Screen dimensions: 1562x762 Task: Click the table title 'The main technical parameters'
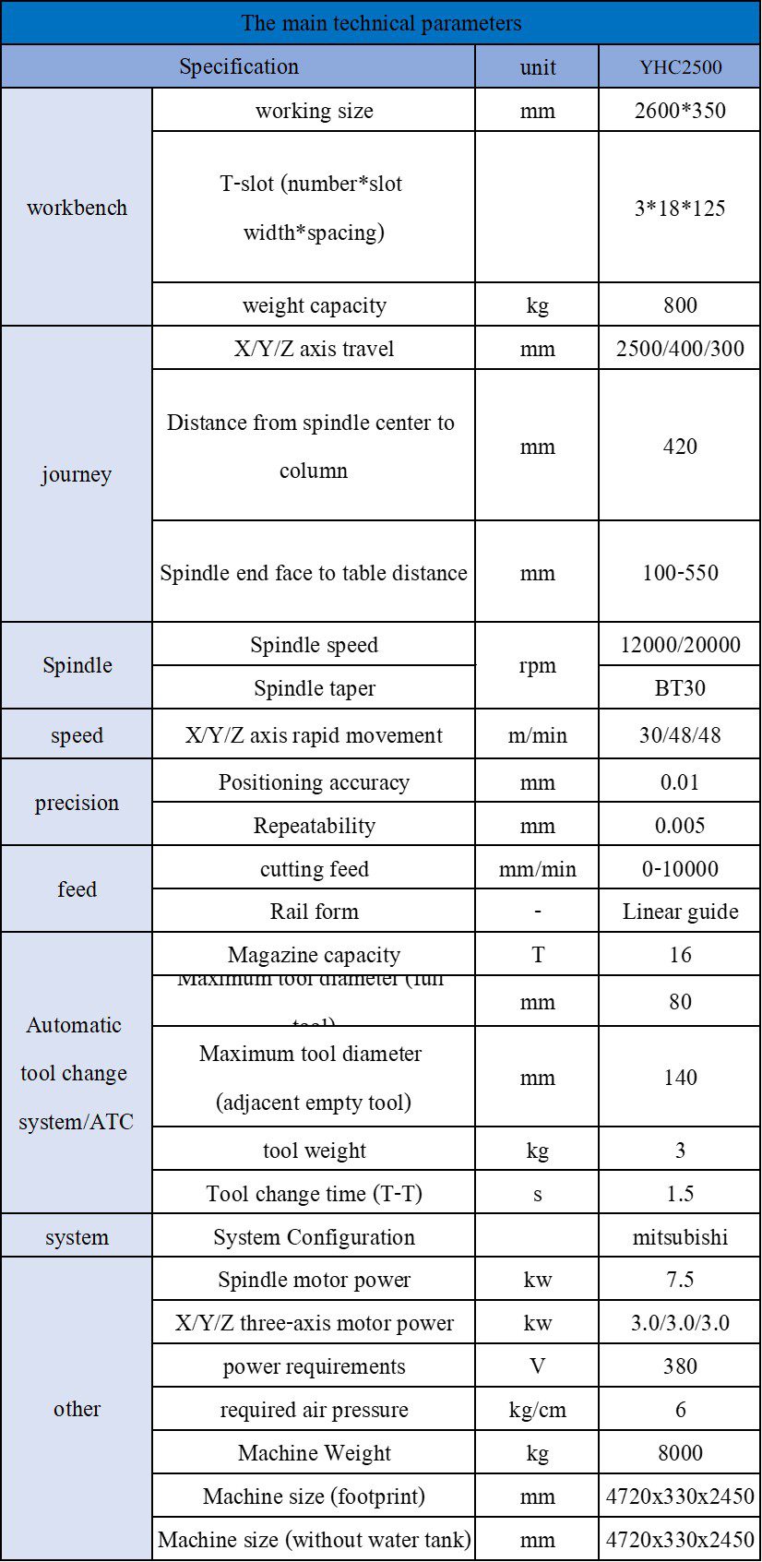(x=381, y=23)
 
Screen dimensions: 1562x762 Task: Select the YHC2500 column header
(x=680, y=67)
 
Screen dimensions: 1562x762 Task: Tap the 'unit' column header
(x=537, y=67)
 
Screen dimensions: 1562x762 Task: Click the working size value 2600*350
(x=680, y=111)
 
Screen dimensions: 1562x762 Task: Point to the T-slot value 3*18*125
(x=680, y=208)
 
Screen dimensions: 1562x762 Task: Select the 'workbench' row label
(x=77, y=208)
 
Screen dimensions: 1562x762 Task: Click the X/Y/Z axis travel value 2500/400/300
(x=680, y=349)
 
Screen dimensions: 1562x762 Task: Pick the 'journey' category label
(x=77, y=474)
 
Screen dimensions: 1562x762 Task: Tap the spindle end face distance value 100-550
(x=680, y=572)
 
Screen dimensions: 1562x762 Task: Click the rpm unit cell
(x=537, y=666)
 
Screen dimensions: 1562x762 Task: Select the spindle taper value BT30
(x=680, y=688)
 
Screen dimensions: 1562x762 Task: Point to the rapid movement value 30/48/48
(x=680, y=735)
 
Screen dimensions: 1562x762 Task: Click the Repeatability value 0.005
(x=680, y=826)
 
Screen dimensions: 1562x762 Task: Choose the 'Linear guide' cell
(x=680, y=912)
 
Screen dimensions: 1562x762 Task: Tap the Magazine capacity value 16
(x=680, y=955)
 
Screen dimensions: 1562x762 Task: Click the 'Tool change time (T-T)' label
(x=314, y=1194)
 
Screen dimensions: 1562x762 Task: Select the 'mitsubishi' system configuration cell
(x=680, y=1237)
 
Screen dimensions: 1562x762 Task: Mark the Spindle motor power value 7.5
(x=680, y=1280)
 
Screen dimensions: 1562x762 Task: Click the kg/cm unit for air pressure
(x=537, y=1410)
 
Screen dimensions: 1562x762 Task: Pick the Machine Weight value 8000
(x=680, y=1453)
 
